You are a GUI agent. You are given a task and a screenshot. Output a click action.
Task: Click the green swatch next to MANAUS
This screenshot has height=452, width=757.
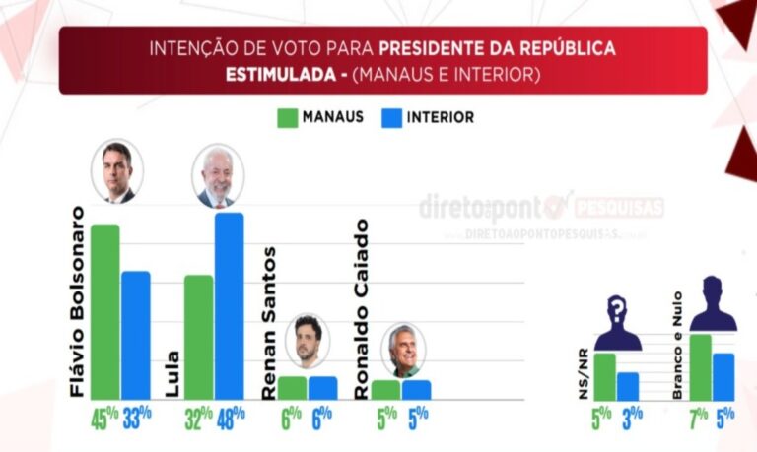tap(288, 118)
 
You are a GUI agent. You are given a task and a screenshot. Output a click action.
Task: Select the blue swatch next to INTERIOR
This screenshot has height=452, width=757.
tap(387, 118)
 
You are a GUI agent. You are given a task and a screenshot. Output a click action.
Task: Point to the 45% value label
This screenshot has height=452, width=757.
tap(103, 419)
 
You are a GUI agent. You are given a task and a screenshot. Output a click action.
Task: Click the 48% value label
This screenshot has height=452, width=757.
tap(231, 419)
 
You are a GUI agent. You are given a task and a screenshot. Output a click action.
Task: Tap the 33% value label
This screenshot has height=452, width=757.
tap(137, 419)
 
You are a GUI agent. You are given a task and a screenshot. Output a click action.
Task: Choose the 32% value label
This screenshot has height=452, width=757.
tap(199, 419)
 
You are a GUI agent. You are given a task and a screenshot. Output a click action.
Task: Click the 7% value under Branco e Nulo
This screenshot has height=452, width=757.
tap(698, 419)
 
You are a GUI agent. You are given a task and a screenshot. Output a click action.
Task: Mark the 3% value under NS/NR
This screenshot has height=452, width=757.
tap(629, 419)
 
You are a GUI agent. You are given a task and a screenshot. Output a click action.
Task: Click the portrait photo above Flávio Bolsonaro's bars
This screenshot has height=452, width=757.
tap(117, 172)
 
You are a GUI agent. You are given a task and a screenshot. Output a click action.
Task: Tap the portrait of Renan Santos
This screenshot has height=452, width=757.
tap(308, 342)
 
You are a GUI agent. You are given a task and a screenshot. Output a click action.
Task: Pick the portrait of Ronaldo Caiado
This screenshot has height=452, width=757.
tap(402, 350)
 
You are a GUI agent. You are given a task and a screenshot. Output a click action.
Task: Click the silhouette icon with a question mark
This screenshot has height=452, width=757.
tap(618, 322)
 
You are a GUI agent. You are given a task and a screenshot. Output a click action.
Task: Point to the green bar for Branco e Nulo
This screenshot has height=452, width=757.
tap(701, 366)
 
